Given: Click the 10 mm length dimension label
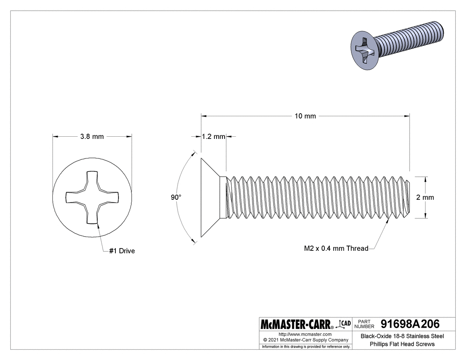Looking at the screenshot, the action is pyautogui.click(x=305, y=116).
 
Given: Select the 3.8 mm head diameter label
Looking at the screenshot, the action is pyautogui.click(x=92, y=136).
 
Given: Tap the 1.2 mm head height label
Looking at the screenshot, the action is pyautogui.click(x=213, y=136).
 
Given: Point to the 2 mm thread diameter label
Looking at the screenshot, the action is pyautogui.click(x=425, y=198).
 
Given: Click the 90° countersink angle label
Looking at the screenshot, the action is pyautogui.click(x=176, y=197).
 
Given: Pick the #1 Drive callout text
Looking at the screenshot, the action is pyautogui.click(x=122, y=251).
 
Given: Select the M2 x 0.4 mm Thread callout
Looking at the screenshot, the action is pyautogui.click(x=336, y=248).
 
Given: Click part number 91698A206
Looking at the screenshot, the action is pyautogui.click(x=410, y=324).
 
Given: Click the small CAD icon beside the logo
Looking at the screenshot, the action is pyautogui.click(x=344, y=324).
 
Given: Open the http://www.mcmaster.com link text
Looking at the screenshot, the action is pyautogui.click(x=305, y=334).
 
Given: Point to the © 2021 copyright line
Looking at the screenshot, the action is pyautogui.click(x=306, y=340).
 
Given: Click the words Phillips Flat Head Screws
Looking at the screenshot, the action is pyautogui.click(x=402, y=344).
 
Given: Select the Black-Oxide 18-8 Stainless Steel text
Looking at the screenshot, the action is pyautogui.click(x=403, y=336).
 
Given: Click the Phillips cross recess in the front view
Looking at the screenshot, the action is pyautogui.click(x=92, y=197).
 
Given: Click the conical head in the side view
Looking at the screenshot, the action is pyautogui.click(x=211, y=198).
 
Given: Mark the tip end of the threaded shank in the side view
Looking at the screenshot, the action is pyautogui.click(x=411, y=198).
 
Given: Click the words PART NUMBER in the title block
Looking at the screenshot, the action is pyautogui.click(x=364, y=324).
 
